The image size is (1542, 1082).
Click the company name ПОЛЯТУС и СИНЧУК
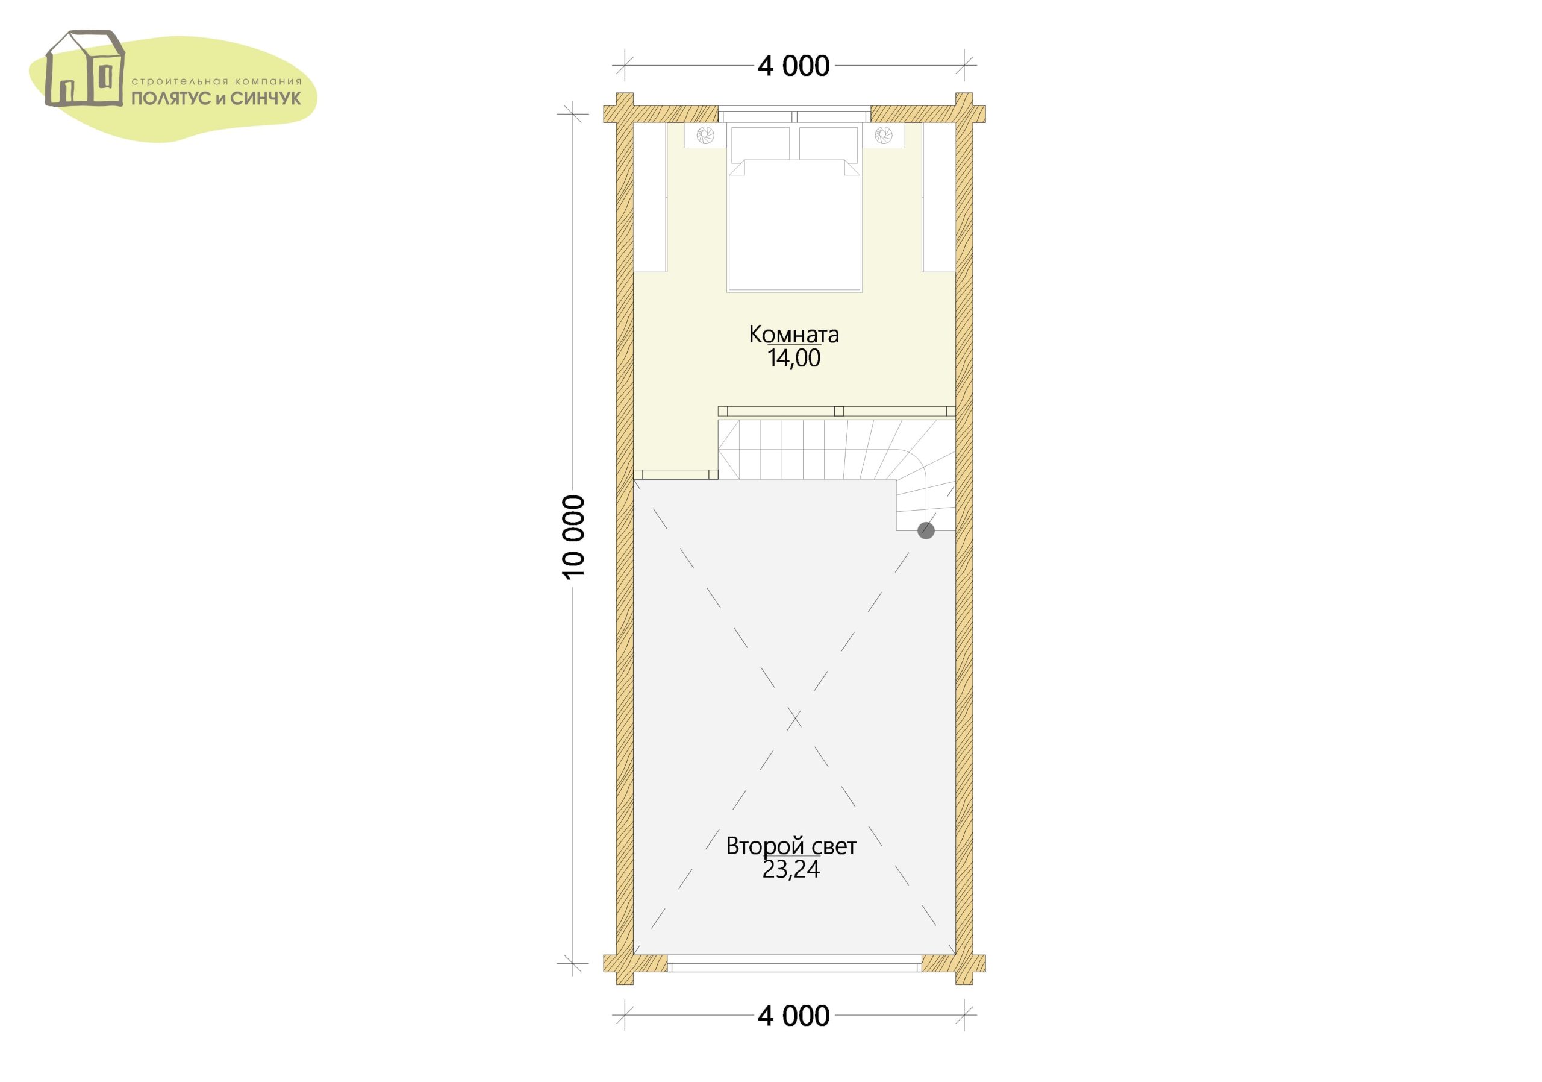pyautogui.click(x=216, y=99)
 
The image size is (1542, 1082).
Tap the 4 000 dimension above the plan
pyautogui.click(x=794, y=66)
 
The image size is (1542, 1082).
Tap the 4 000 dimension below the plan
pyautogui.click(x=794, y=1016)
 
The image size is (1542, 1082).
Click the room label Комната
pyautogui.click(x=794, y=334)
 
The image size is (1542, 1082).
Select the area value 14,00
pyautogui.click(x=794, y=358)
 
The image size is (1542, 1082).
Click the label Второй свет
pyautogui.click(x=791, y=846)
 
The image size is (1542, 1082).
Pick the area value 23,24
pyautogui.click(x=791, y=870)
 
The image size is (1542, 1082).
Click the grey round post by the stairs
pyautogui.click(x=926, y=532)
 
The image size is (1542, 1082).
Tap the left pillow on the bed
pyautogui.click(x=760, y=143)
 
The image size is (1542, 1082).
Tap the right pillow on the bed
pyautogui.click(x=829, y=143)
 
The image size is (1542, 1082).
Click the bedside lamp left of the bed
pyautogui.click(x=705, y=135)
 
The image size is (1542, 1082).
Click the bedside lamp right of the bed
pyautogui.click(x=883, y=135)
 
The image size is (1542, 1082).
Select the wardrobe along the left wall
pyautogui.click(x=650, y=198)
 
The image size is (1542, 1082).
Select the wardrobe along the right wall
pyautogui.click(x=939, y=198)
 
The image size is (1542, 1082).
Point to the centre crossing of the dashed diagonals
pyautogui.click(x=794, y=719)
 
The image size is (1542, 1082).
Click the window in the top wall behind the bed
pyautogui.click(x=794, y=115)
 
